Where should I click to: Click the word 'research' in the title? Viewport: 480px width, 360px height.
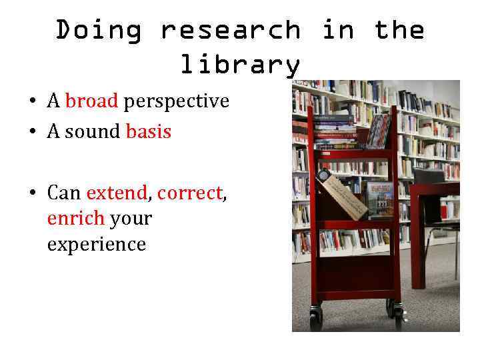coord(230,31)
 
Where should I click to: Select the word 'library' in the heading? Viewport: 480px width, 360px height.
coord(240,65)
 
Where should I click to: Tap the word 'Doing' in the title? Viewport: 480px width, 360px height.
coord(98,31)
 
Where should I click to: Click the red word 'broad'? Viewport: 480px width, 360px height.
coord(91,101)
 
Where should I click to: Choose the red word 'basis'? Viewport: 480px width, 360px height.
coord(148,132)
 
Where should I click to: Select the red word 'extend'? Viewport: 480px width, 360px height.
coord(116,193)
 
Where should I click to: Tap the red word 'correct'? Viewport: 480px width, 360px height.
coord(189,193)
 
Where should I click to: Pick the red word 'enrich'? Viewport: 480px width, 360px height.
coord(75,219)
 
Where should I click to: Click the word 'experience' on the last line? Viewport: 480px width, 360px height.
coord(96,245)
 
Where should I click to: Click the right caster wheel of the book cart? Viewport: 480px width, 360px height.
coord(397,312)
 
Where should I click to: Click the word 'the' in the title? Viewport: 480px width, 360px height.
coord(399,31)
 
